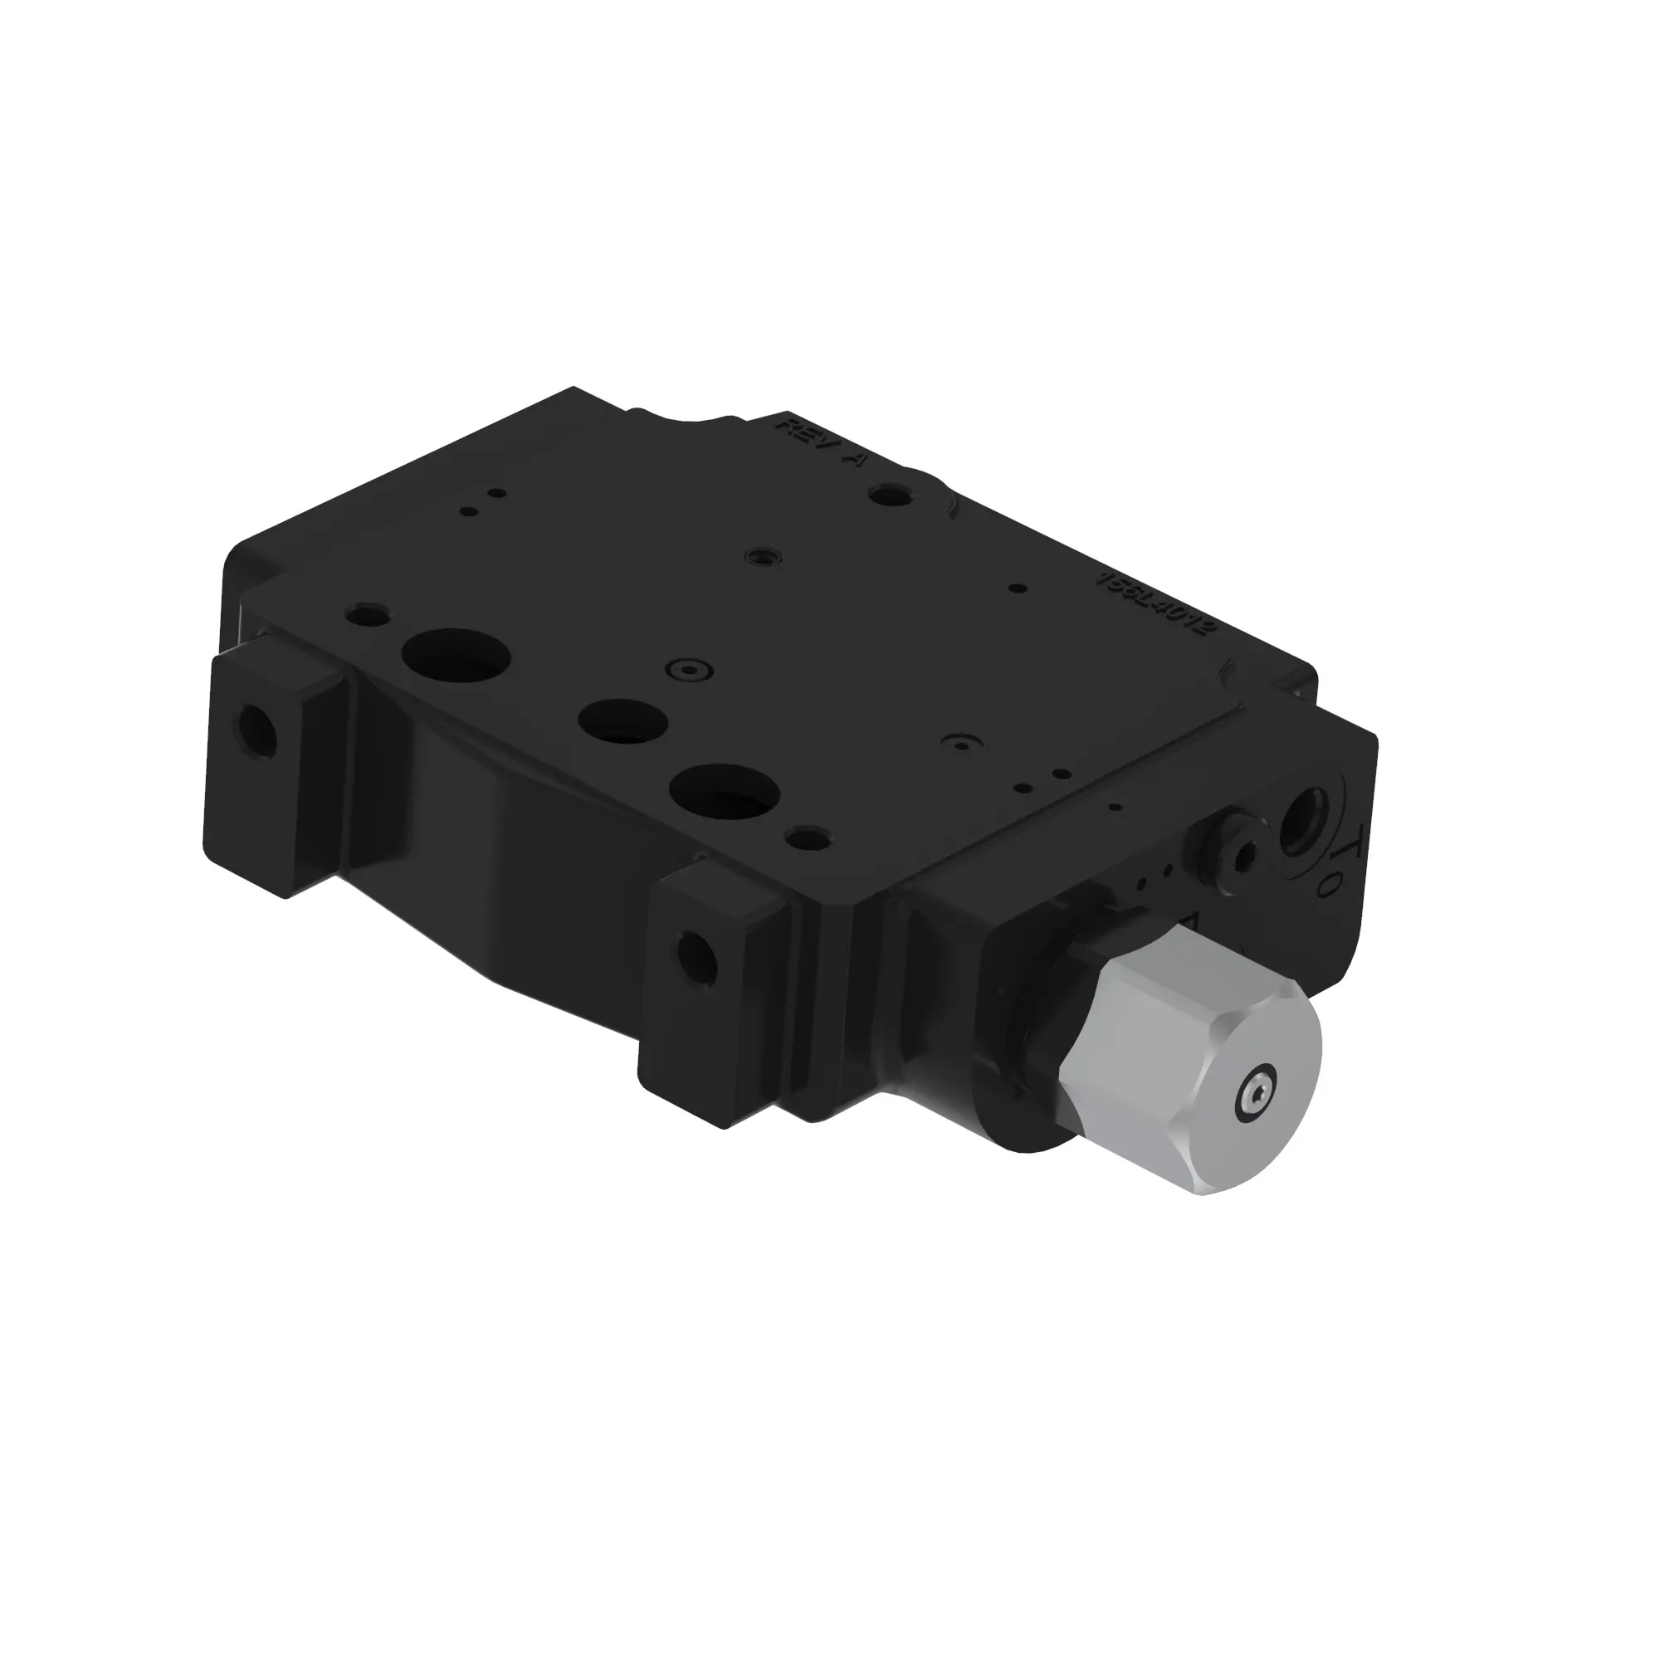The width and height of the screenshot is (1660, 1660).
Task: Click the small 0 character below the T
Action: (x=1329, y=887)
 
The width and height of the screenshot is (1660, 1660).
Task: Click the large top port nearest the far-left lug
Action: (x=456, y=657)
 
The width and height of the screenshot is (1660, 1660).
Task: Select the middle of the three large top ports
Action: (x=623, y=720)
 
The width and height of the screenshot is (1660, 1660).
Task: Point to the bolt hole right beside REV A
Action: (x=890, y=495)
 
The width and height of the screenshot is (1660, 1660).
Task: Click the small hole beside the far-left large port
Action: (x=367, y=614)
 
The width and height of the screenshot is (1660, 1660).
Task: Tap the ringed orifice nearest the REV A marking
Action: (x=762, y=556)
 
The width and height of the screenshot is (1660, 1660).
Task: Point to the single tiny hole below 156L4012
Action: (x=1018, y=588)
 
